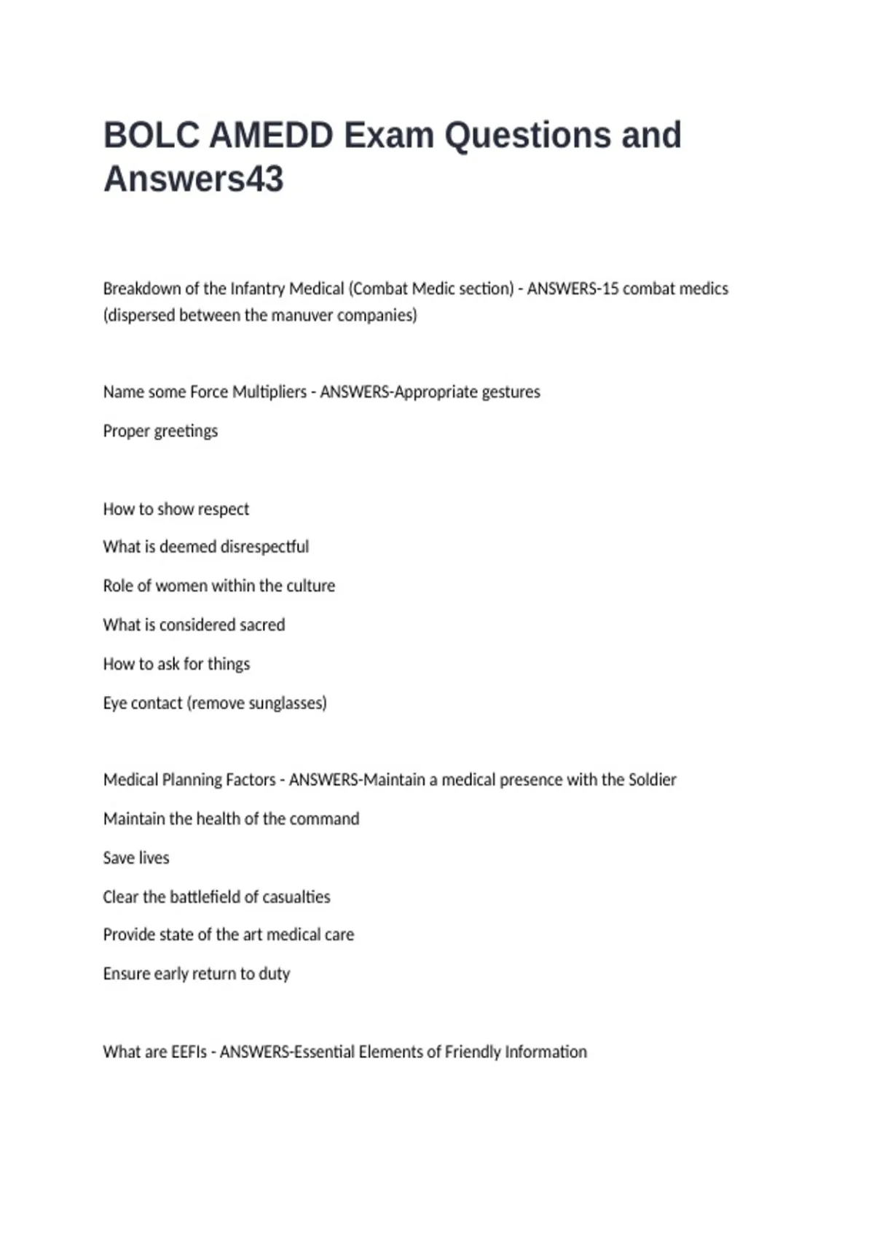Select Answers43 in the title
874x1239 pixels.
click(x=193, y=179)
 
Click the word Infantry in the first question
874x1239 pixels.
click(x=258, y=289)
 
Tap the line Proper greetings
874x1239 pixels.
click(x=160, y=431)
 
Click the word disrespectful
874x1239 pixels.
click(x=264, y=547)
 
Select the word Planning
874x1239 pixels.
click(x=192, y=780)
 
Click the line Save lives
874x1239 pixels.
click(x=136, y=858)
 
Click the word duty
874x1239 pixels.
click(x=274, y=974)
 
